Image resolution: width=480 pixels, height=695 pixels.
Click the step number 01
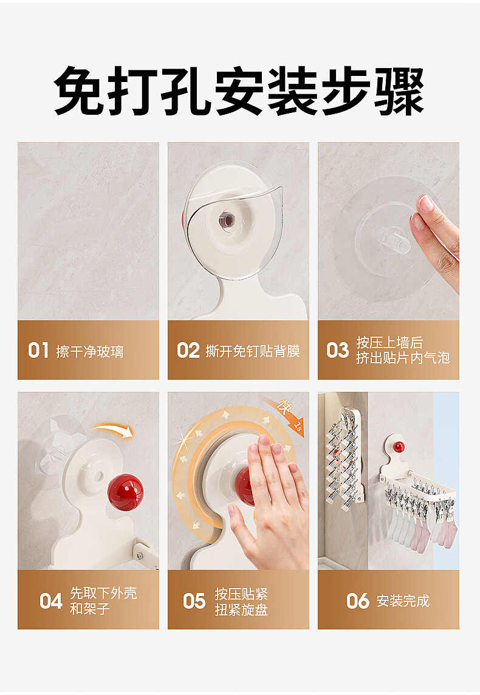point(38,350)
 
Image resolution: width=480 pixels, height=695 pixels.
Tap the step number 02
point(188,350)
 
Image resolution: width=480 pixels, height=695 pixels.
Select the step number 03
point(338,350)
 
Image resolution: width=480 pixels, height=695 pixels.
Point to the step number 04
point(51,601)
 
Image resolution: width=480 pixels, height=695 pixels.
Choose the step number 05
point(194,601)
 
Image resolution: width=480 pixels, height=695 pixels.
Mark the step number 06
point(358,601)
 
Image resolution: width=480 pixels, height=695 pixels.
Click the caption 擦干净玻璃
point(89,352)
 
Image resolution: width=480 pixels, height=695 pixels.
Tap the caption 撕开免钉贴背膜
point(253,351)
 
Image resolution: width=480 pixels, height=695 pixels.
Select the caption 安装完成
point(403,601)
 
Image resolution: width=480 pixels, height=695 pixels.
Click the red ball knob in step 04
point(125,492)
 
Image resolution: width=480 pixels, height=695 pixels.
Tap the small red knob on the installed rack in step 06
point(399,447)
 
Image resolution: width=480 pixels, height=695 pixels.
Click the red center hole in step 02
point(227,219)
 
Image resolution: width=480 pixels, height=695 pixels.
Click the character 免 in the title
point(80,91)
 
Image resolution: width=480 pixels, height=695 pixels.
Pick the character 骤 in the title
point(400,91)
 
